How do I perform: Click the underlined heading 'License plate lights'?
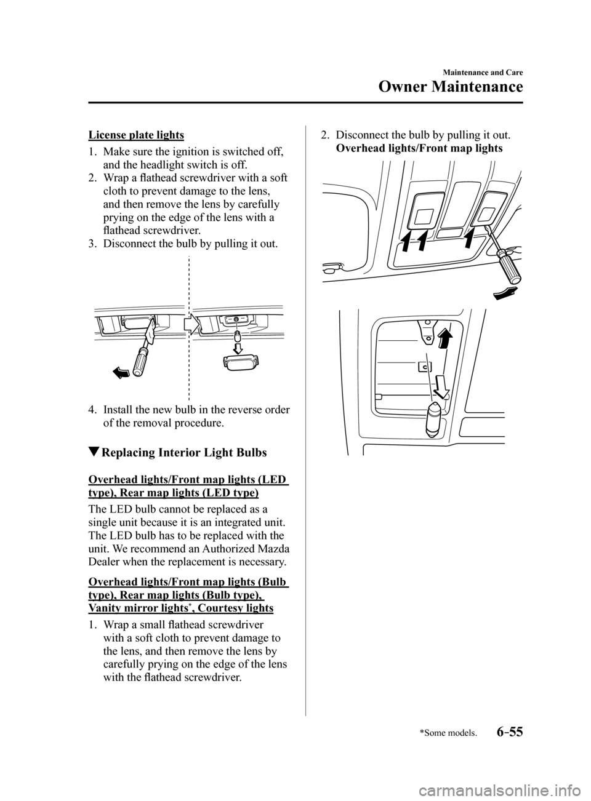tap(136, 134)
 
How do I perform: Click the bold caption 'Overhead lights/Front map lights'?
tap(420, 148)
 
